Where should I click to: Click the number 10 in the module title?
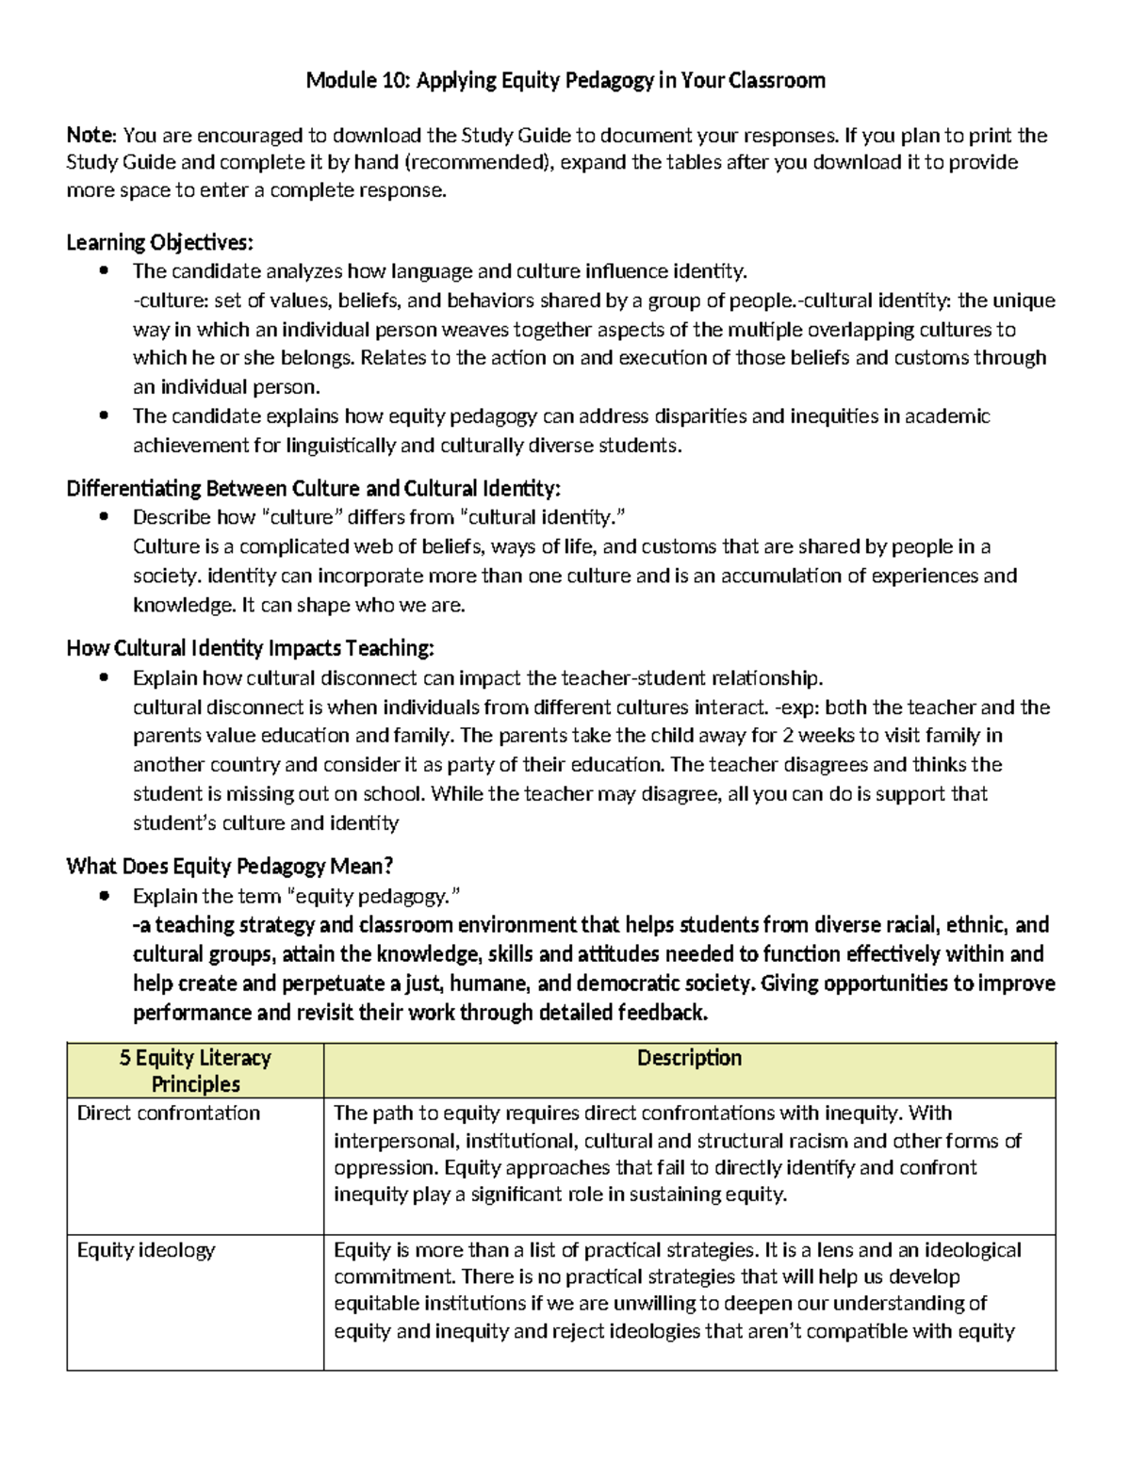click(396, 81)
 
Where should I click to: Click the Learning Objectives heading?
click(159, 242)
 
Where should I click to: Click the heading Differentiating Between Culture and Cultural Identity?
click(313, 488)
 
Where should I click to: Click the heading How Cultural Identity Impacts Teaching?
click(251, 648)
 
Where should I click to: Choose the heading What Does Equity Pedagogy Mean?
click(229, 866)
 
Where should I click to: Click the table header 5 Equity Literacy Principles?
click(195, 1070)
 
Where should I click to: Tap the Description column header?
click(689, 1058)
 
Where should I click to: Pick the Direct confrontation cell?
click(169, 1113)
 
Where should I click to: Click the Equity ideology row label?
click(146, 1250)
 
